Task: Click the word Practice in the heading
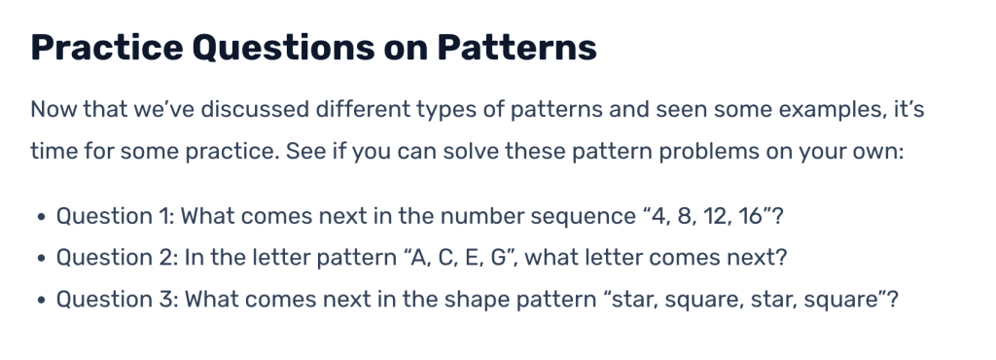point(107,47)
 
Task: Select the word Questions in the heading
point(283,47)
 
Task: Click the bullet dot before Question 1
point(41,217)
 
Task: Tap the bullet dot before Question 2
point(41,259)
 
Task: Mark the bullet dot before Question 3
point(41,300)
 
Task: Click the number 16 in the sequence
point(750,217)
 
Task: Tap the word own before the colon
point(879,153)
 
